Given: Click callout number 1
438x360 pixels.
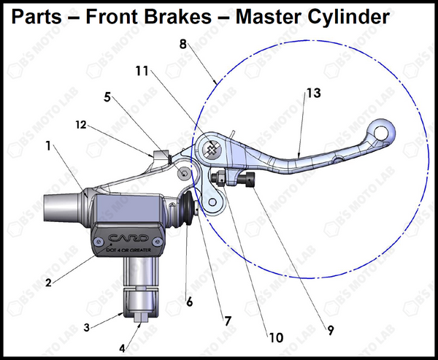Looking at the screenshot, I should [x=48, y=146].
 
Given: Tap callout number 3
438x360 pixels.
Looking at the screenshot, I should [x=87, y=328].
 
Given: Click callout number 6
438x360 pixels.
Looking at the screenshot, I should [x=190, y=300].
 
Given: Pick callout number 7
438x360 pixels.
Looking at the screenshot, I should [x=228, y=320].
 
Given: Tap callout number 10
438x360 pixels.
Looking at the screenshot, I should [x=275, y=337].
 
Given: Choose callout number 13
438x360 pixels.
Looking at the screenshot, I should [x=313, y=93].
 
